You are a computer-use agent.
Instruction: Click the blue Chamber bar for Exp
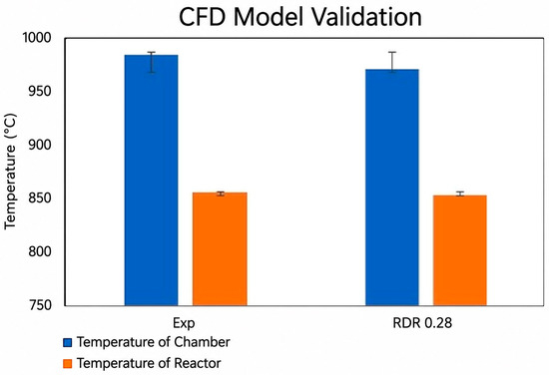click(152, 181)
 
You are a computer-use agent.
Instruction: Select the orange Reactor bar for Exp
click(220, 248)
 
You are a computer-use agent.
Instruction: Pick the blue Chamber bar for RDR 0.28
click(392, 187)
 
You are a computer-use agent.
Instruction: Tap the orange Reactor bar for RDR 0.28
click(460, 250)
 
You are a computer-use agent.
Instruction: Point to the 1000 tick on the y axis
click(36, 38)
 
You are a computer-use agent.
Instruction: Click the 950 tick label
click(40, 92)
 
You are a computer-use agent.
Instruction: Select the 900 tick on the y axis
click(40, 145)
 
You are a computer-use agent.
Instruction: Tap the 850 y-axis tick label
click(40, 198)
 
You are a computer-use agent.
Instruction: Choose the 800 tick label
click(40, 251)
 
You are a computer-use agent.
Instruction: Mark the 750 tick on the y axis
click(40, 305)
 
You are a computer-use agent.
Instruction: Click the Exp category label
click(184, 323)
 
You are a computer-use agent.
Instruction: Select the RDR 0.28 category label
click(422, 322)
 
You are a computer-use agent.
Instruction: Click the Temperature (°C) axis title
click(10, 172)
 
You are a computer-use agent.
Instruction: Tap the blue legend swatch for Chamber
click(67, 342)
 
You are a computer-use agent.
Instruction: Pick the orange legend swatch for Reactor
click(67, 363)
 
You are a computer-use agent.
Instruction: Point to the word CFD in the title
click(202, 16)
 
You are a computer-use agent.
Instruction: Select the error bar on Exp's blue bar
click(152, 62)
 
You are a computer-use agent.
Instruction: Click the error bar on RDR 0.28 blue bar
click(392, 62)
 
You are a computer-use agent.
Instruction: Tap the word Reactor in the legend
click(198, 363)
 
